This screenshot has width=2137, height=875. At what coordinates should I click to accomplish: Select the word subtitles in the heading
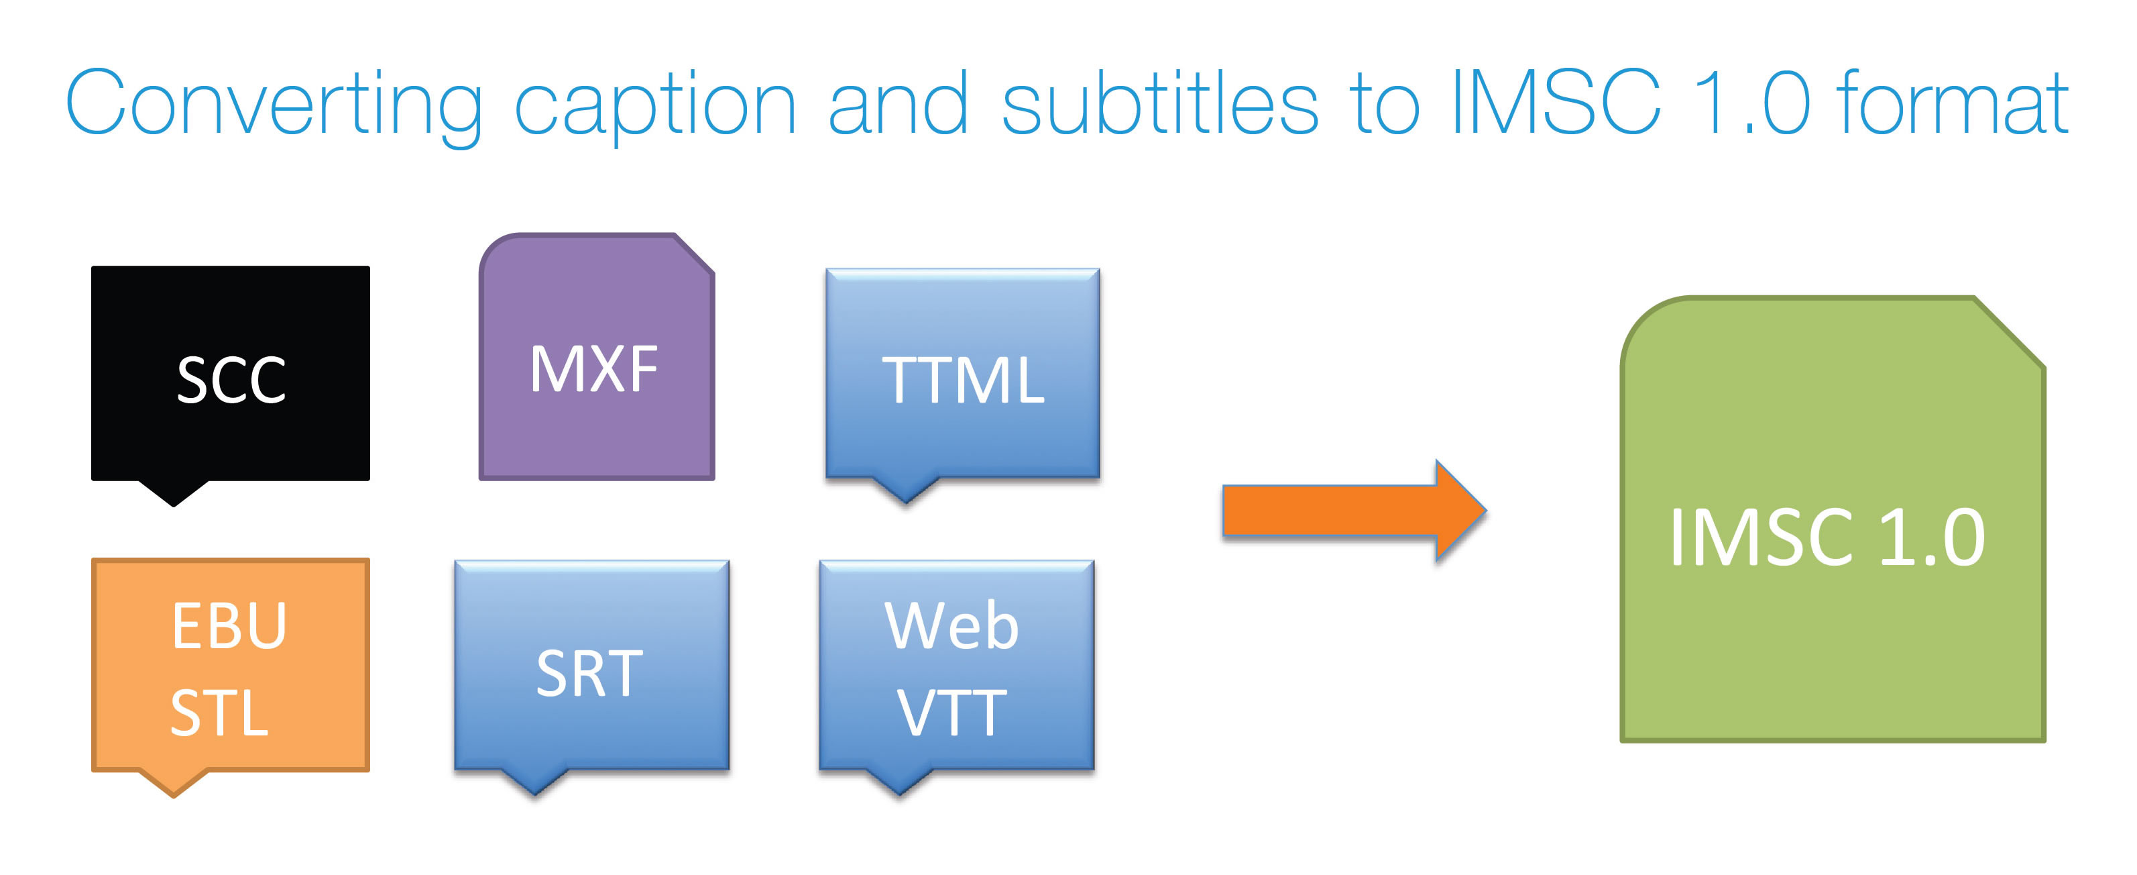pyautogui.click(x=1160, y=102)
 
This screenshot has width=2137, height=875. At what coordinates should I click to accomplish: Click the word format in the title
pyautogui.click(x=1954, y=102)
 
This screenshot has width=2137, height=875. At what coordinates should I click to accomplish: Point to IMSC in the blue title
pyautogui.click(x=1556, y=102)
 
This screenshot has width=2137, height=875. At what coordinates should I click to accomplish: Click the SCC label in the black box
pyautogui.click(x=231, y=380)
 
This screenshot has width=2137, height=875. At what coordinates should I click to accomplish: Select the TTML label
pyautogui.click(x=962, y=380)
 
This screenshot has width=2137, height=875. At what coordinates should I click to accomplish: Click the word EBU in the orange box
pyautogui.click(x=230, y=625)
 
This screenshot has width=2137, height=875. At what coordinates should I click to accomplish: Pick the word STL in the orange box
pyautogui.click(x=220, y=713)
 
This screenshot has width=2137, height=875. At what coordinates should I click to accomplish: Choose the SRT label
pyautogui.click(x=590, y=672)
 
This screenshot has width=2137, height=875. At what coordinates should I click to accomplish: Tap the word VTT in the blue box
pyautogui.click(x=951, y=713)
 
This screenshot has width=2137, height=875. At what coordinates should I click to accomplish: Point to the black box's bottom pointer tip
pyautogui.click(x=174, y=505)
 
